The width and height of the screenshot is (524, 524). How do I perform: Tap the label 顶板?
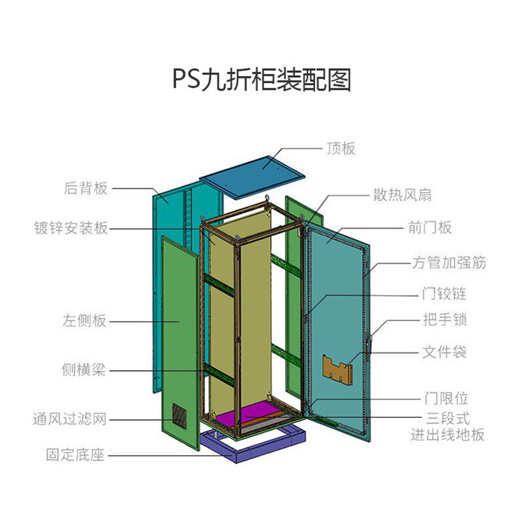(x=341, y=149)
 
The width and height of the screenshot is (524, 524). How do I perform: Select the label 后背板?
(x=86, y=189)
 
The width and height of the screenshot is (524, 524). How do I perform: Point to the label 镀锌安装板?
(x=71, y=228)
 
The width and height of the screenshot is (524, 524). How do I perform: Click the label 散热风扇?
(x=402, y=195)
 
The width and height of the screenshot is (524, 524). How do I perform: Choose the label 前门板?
(x=430, y=228)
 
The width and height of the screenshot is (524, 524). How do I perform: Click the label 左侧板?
(x=84, y=321)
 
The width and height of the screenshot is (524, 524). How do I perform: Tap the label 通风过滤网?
(x=70, y=419)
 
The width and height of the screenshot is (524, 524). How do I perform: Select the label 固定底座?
(x=75, y=455)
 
